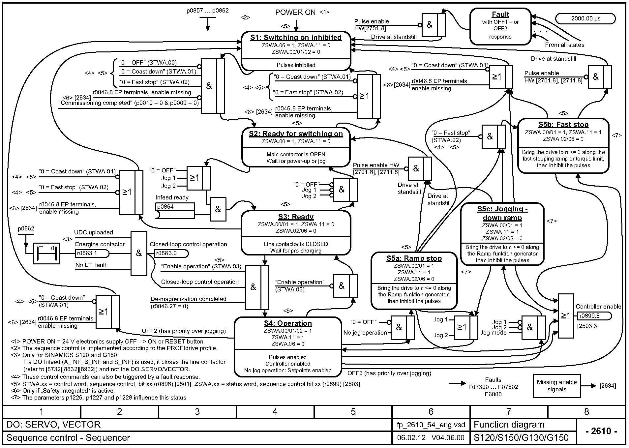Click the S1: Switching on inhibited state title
pos(296,38)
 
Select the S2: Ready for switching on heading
pos(296,134)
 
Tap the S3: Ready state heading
pos(296,217)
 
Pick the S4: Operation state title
pos(287,323)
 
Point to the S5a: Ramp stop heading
pos(414,258)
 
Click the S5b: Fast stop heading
pos(563,124)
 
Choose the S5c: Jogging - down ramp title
pos(502,213)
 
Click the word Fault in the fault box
pos(500,14)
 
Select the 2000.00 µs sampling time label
pos(585,18)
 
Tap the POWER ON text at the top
pos(295,13)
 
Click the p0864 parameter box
pos(175,207)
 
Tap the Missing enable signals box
pos(557,386)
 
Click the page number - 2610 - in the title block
pos(601,431)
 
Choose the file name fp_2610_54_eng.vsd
pos(431,425)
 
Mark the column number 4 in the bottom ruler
pos(275,411)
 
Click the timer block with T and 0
pos(47,253)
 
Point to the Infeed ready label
pos(172,197)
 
